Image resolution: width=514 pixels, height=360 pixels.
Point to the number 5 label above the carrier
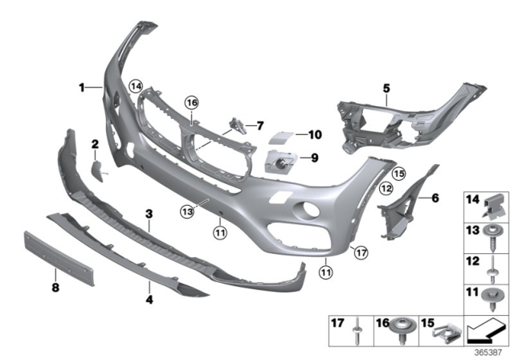coord(385,87)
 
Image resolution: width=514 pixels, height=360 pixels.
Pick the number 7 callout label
coord(259,125)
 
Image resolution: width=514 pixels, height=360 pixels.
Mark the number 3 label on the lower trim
coord(149,214)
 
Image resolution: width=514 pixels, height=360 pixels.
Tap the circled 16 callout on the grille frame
coord(191,102)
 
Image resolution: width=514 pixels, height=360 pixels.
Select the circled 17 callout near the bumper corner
coord(361,252)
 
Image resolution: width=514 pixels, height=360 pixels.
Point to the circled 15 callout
coord(398,173)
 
